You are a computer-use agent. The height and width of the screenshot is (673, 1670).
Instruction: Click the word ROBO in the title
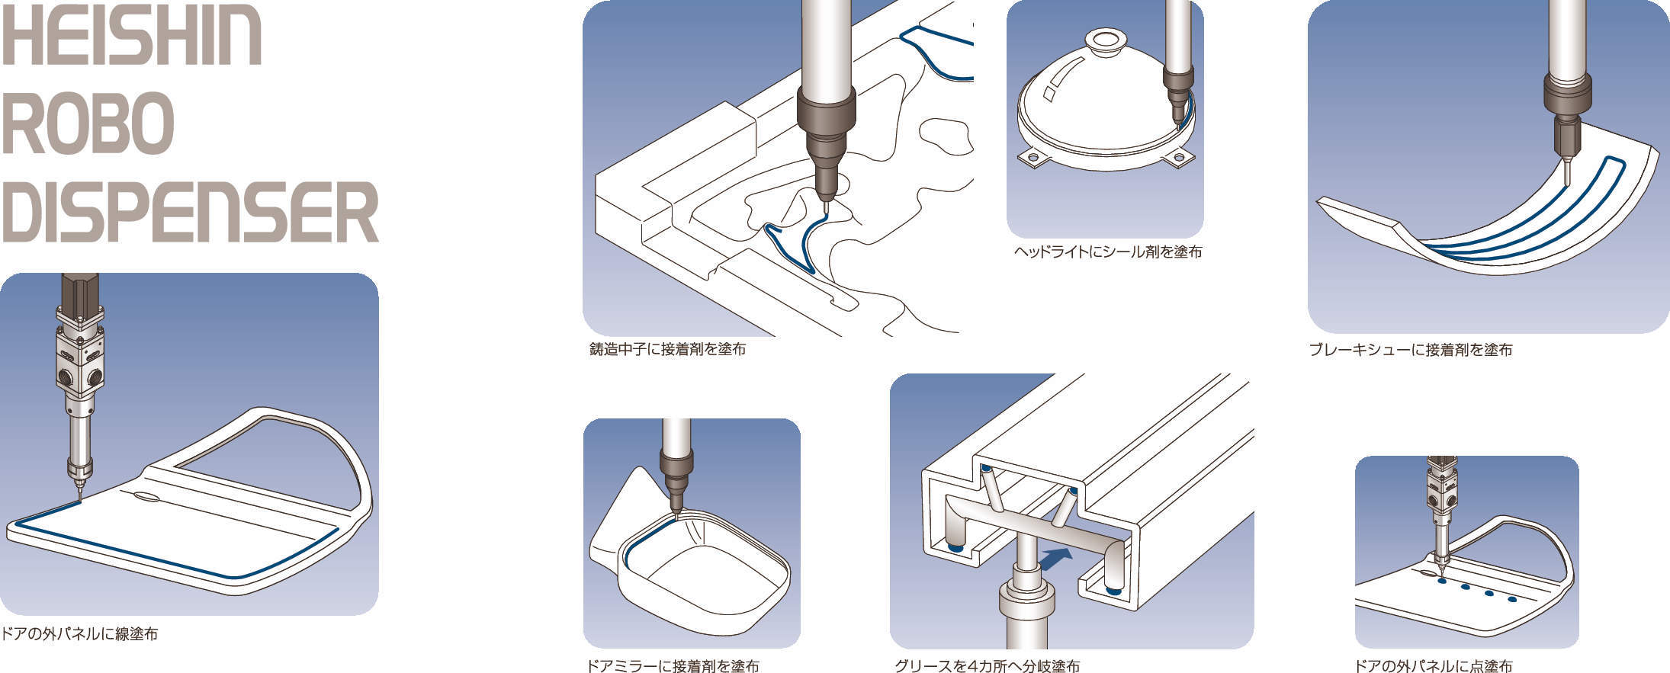(x=88, y=123)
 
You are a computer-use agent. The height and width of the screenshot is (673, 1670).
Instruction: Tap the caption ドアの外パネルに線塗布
(x=79, y=633)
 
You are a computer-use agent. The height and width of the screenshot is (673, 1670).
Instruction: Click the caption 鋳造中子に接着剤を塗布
(x=667, y=349)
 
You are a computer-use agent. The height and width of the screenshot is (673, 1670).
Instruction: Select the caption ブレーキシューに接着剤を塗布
(x=1410, y=350)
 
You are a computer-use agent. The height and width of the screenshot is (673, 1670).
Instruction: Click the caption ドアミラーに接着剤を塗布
(x=673, y=665)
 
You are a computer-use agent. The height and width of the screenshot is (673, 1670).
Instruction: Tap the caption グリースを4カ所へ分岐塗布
(x=987, y=665)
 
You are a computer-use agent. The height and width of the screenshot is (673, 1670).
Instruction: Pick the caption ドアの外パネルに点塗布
(x=1434, y=665)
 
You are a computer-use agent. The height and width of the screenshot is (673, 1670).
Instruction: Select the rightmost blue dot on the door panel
(x=1513, y=599)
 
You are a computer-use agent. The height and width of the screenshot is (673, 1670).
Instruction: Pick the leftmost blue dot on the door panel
(x=1442, y=582)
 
